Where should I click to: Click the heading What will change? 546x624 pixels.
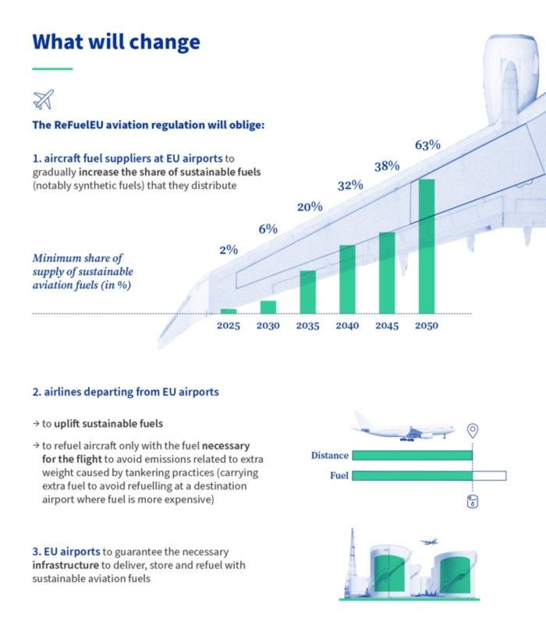pyautogui.click(x=116, y=41)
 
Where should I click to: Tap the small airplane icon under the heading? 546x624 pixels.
pyautogui.click(x=44, y=99)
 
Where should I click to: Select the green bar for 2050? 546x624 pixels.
pyautogui.click(x=427, y=246)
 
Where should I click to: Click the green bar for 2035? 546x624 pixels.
pyautogui.click(x=307, y=291)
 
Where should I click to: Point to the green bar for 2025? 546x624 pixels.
pyautogui.click(x=229, y=311)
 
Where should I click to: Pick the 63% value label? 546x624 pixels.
pyautogui.click(x=427, y=145)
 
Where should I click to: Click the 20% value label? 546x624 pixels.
pyautogui.click(x=309, y=207)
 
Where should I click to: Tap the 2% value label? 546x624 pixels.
pyautogui.click(x=229, y=250)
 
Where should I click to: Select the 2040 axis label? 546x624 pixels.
pyautogui.click(x=347, y=326)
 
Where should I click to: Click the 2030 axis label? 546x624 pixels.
pyautogui.click(x=268, y=326)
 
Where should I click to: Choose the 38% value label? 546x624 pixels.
pyautogui.click(x=387, y=166)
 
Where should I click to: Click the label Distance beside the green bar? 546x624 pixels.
pyautogui.click(x=329, y=456)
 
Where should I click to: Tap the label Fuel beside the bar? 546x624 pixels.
pyautogui.click(x=339, y=475)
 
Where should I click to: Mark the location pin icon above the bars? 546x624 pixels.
pyautogui.click(x=471, y=431)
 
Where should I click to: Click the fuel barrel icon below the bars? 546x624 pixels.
pyautogui.click(x=472, y=502)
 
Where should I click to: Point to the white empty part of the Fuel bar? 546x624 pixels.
pyautogui.click(x=489, y=475)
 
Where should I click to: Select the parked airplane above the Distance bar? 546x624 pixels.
pyautogui.click(x=402, y=427)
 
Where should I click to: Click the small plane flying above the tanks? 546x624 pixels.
pyautogui.click(x=427, y=541)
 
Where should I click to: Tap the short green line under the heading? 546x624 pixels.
pyautogui.click(x=52, y=69)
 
